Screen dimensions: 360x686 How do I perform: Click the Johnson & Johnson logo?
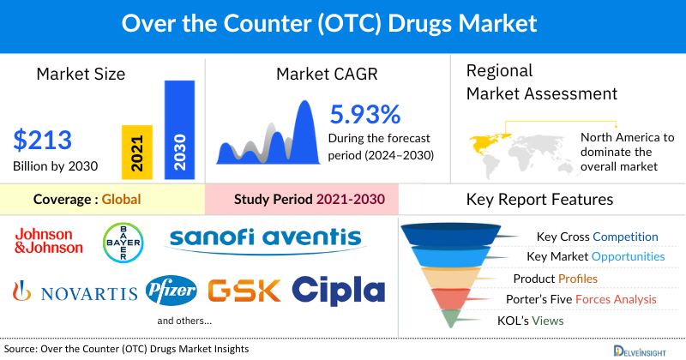49,240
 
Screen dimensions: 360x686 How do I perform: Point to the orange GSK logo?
244,291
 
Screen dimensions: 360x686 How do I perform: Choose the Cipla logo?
340,290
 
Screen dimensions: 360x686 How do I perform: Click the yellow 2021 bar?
137,152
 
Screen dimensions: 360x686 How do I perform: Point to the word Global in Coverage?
121,200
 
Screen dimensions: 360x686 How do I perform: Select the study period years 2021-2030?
347,200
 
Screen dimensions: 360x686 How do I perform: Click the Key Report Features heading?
539,200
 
